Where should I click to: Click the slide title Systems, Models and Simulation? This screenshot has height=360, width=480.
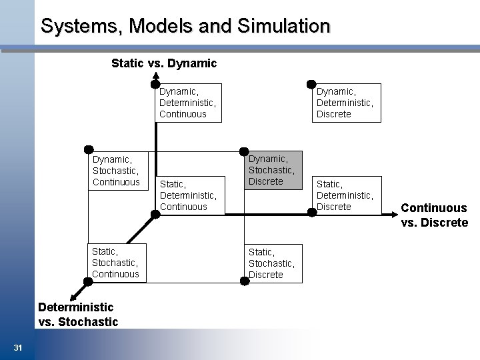pos(185,26)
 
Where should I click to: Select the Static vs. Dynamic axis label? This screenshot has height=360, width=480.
pos(164,63)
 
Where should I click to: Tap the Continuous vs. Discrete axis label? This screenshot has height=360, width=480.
pos(434,215)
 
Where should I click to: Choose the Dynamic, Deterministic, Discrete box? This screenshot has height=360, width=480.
pos(345,103)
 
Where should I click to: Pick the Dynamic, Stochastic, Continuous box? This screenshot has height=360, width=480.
pos(116,171)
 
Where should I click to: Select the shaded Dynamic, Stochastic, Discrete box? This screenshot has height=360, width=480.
pos(273,170)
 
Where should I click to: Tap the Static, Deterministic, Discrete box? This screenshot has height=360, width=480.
pos(345,195)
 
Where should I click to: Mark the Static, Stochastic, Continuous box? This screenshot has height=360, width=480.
pos(116,263)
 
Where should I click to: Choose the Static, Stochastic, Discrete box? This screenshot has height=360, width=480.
pos(273,263)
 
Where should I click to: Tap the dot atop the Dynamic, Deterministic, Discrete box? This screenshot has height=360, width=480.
pos(311,84)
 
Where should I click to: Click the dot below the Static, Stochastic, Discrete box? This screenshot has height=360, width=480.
pos(245,281)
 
